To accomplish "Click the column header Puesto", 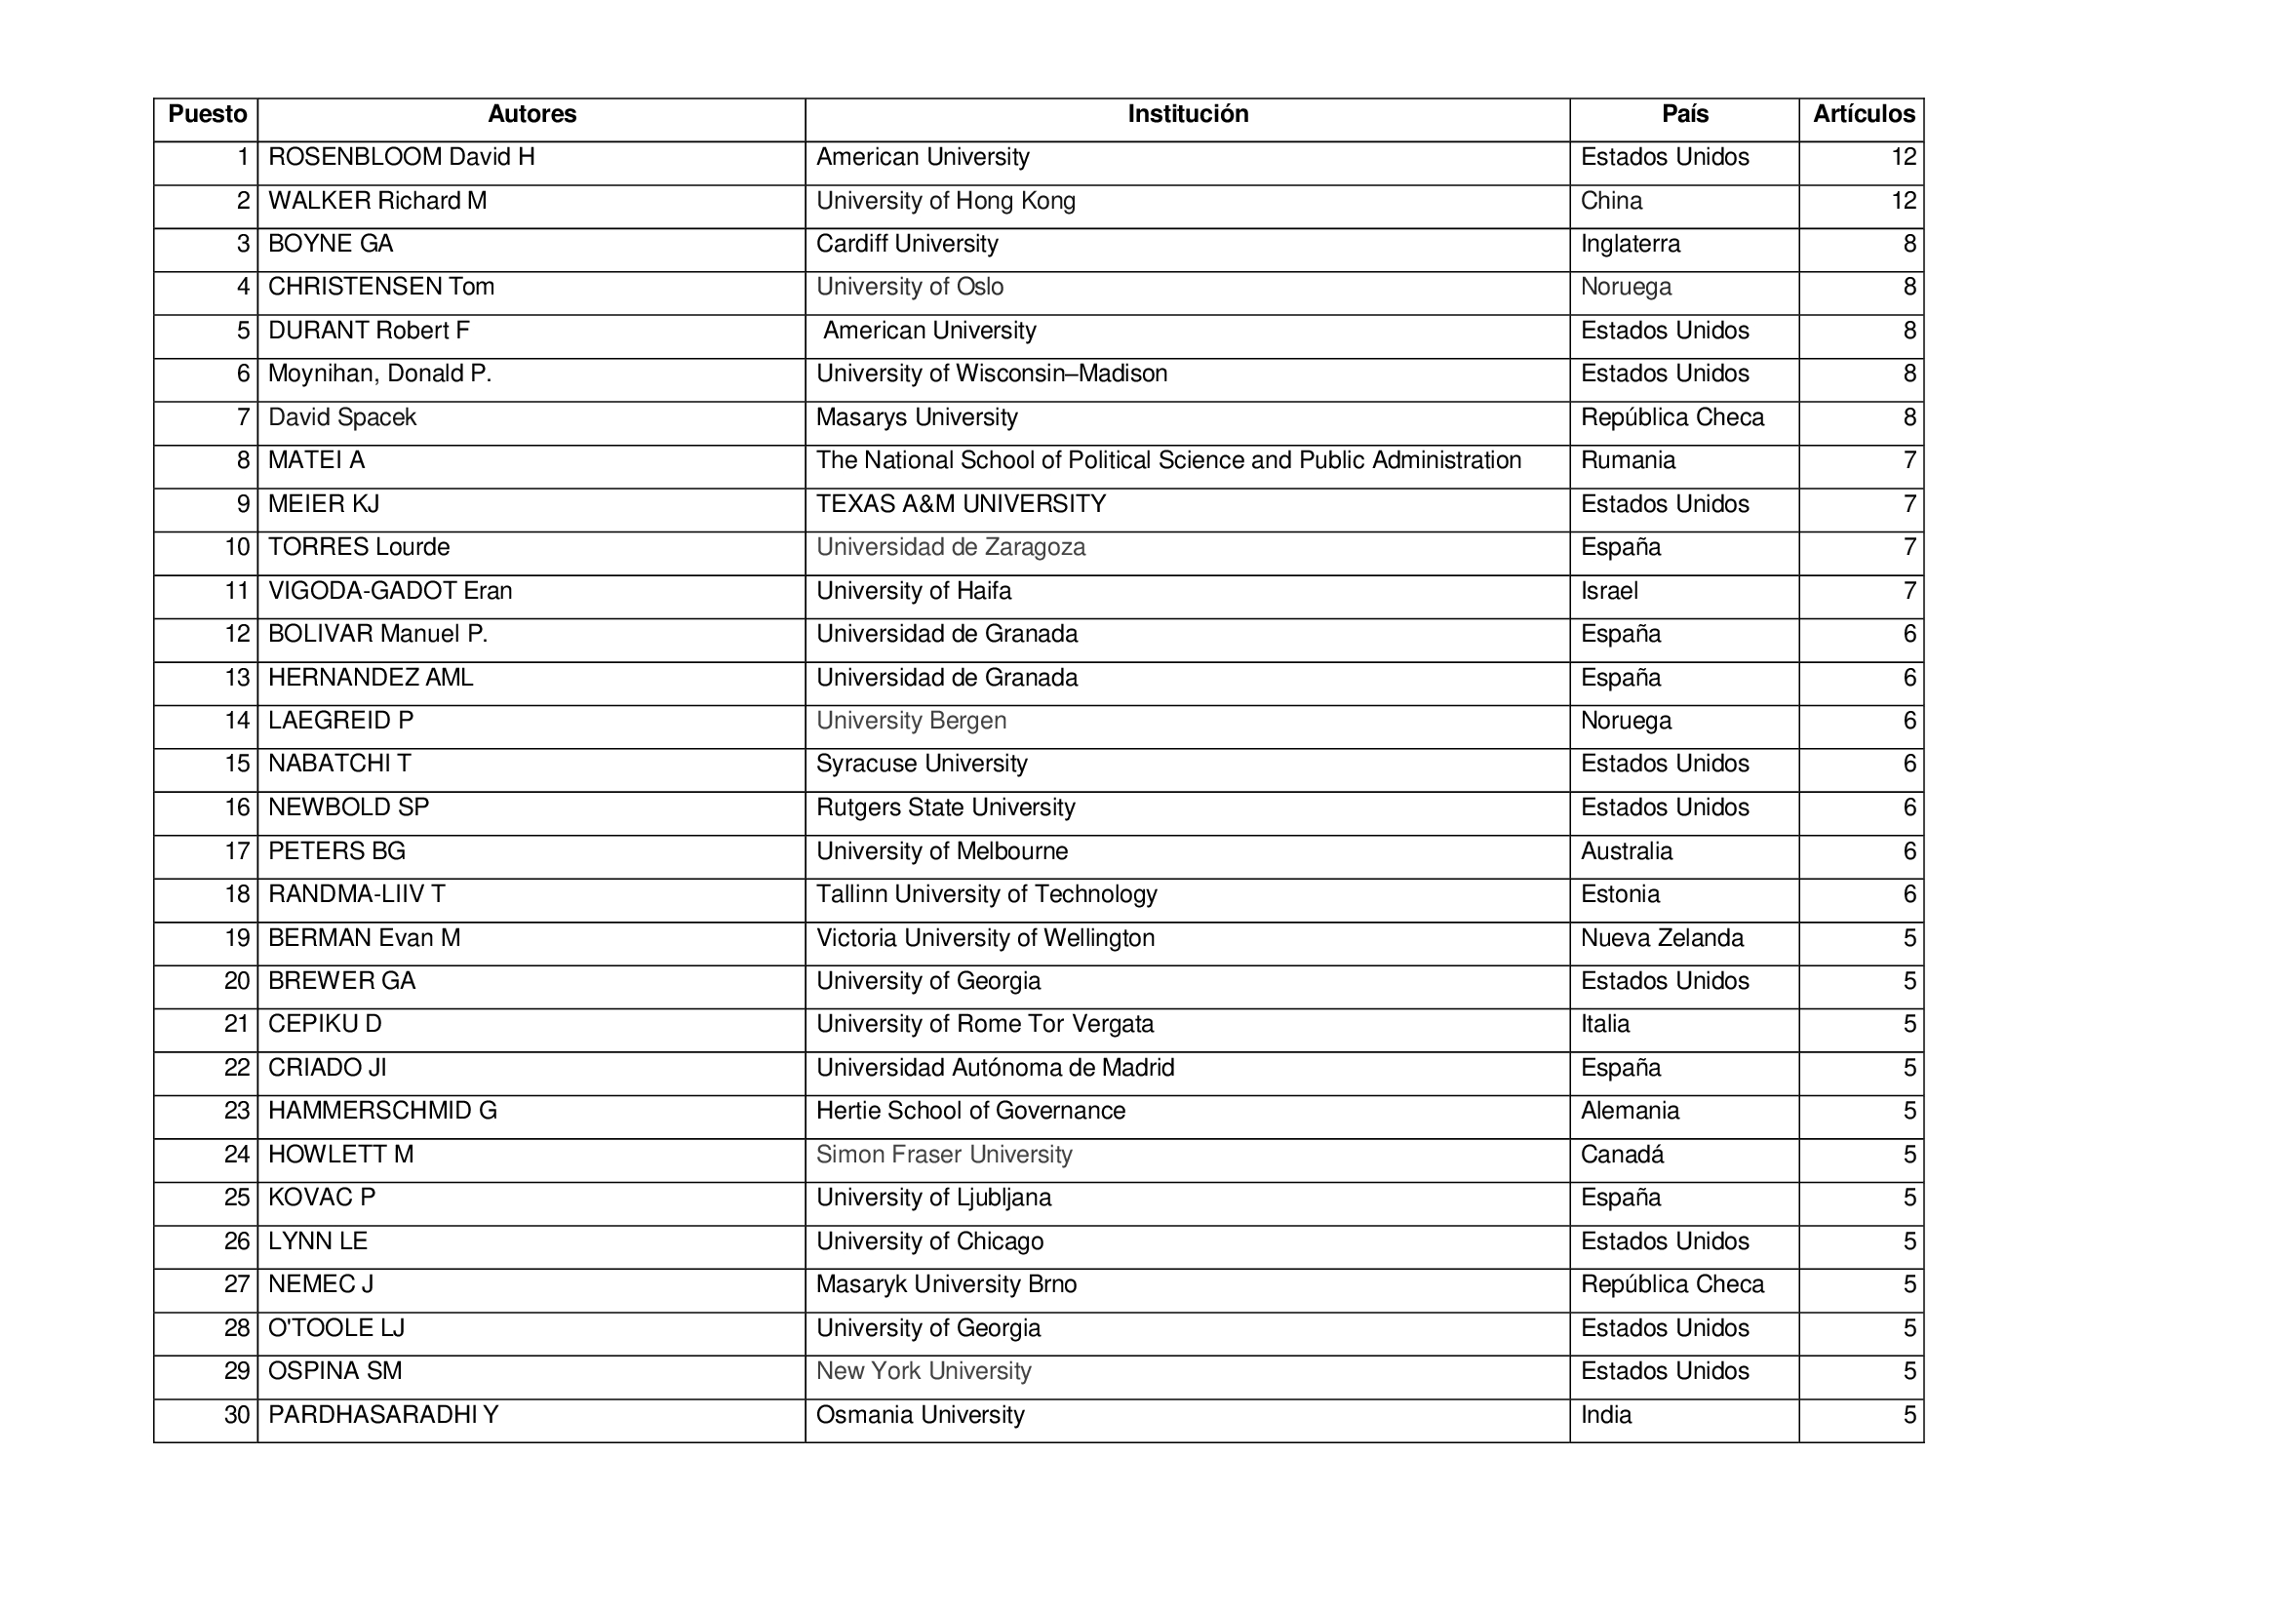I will coord(207,115).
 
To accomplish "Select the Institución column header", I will coord(1187,115).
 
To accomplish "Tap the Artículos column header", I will coord(1863,115).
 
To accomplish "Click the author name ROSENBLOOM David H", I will coord(402,158).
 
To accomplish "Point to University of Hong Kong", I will coord(946,202).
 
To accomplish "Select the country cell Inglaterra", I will coord(1631,245).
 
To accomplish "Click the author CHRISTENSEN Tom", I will coord(381,288).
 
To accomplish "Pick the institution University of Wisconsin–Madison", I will coord(992,374).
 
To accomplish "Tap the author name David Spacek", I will coord(341,418).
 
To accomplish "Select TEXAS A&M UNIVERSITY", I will coord(961,504).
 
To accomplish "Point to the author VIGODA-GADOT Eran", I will coord(390,592).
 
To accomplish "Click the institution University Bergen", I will coord(911,722).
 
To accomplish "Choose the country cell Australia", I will coord(1627,852).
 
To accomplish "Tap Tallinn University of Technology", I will coord(987,895).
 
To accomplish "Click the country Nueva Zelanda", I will coord(1662,938).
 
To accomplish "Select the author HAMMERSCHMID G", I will coord(382,1112).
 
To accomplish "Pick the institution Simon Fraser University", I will coord(944,1155).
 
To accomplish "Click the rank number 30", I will coord(236,1415).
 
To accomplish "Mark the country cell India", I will coord(1605,1415).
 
